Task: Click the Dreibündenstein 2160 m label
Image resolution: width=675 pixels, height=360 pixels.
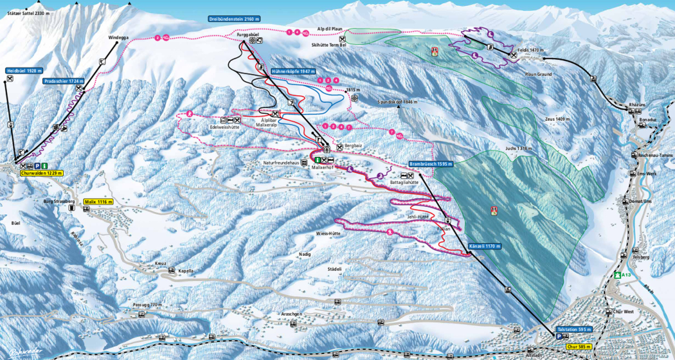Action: (x=235, y=20)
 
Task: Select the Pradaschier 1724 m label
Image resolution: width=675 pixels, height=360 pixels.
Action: (x=65, y=82)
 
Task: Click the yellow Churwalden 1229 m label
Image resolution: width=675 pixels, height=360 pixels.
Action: (x=41, y=173)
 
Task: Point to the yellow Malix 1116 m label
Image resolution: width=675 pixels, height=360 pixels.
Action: (x=98, y=201)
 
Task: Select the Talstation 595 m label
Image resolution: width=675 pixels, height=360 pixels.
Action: (x=573, y=329)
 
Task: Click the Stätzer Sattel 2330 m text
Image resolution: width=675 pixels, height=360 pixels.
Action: (x=26, y=12)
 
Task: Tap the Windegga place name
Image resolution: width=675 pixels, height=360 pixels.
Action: (x=119, y=37)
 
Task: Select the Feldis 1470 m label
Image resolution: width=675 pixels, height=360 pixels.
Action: (x=531, y=50)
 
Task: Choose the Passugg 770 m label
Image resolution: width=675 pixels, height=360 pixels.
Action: (x=145, y=303)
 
